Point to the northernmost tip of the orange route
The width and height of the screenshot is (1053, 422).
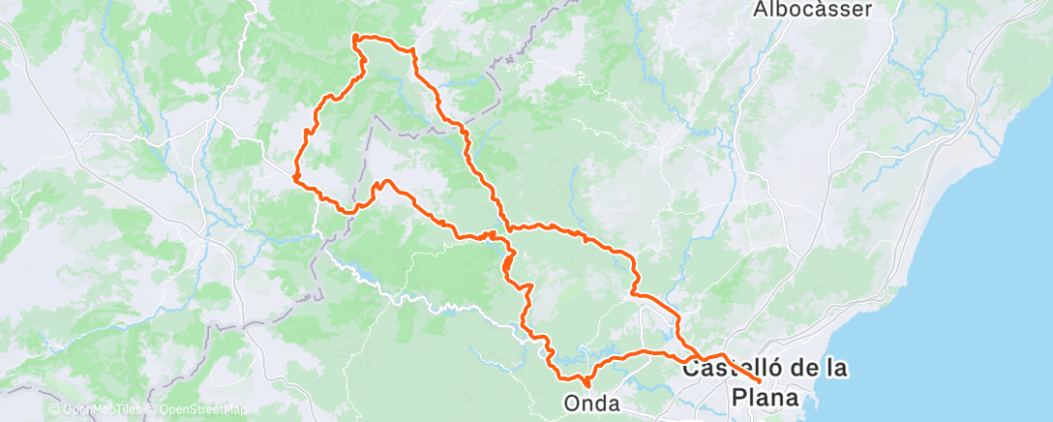(355, 37)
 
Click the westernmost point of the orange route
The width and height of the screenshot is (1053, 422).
(294, 175)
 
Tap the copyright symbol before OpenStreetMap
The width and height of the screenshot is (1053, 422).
(156, 409)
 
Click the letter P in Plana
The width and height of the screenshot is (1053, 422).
(738, 398)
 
